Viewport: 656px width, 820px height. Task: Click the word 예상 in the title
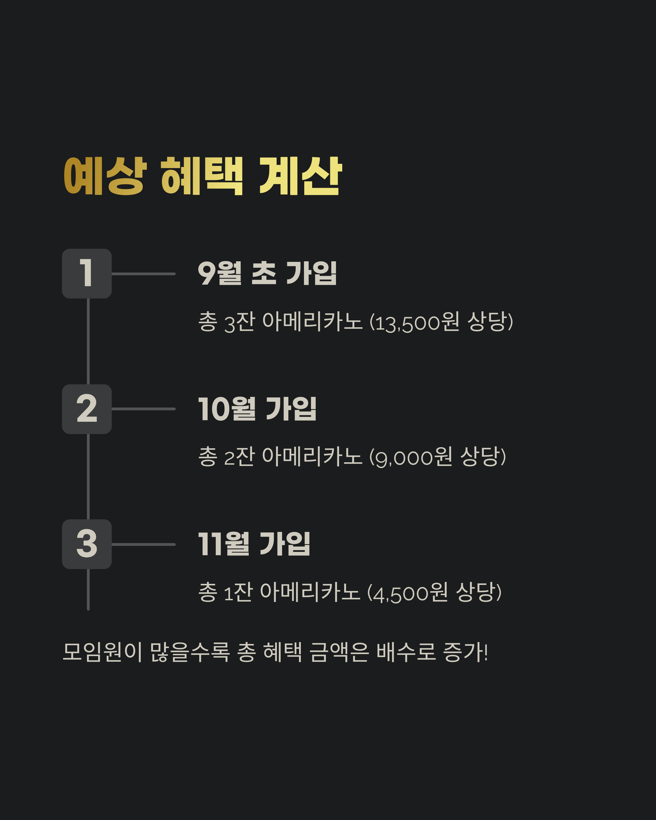click(x=105, y=176)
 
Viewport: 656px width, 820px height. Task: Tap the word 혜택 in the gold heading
click(x=201, y=176)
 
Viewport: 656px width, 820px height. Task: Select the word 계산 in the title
click(x=300, y=176)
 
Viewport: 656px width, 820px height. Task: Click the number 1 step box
click(x=87, y=273)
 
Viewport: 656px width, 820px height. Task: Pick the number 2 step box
click(x=87, y=409)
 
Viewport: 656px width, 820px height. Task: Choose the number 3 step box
click(x=87, y=544)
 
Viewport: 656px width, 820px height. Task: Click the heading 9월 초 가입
click(x=267, y=273)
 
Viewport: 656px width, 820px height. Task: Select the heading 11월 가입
click(x=254, y=544)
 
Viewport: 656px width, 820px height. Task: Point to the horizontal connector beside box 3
click(x=143, y=544)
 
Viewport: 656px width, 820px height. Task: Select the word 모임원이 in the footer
click(x=102, y=652)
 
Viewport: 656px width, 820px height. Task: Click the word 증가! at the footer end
click(x=465, y=652)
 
